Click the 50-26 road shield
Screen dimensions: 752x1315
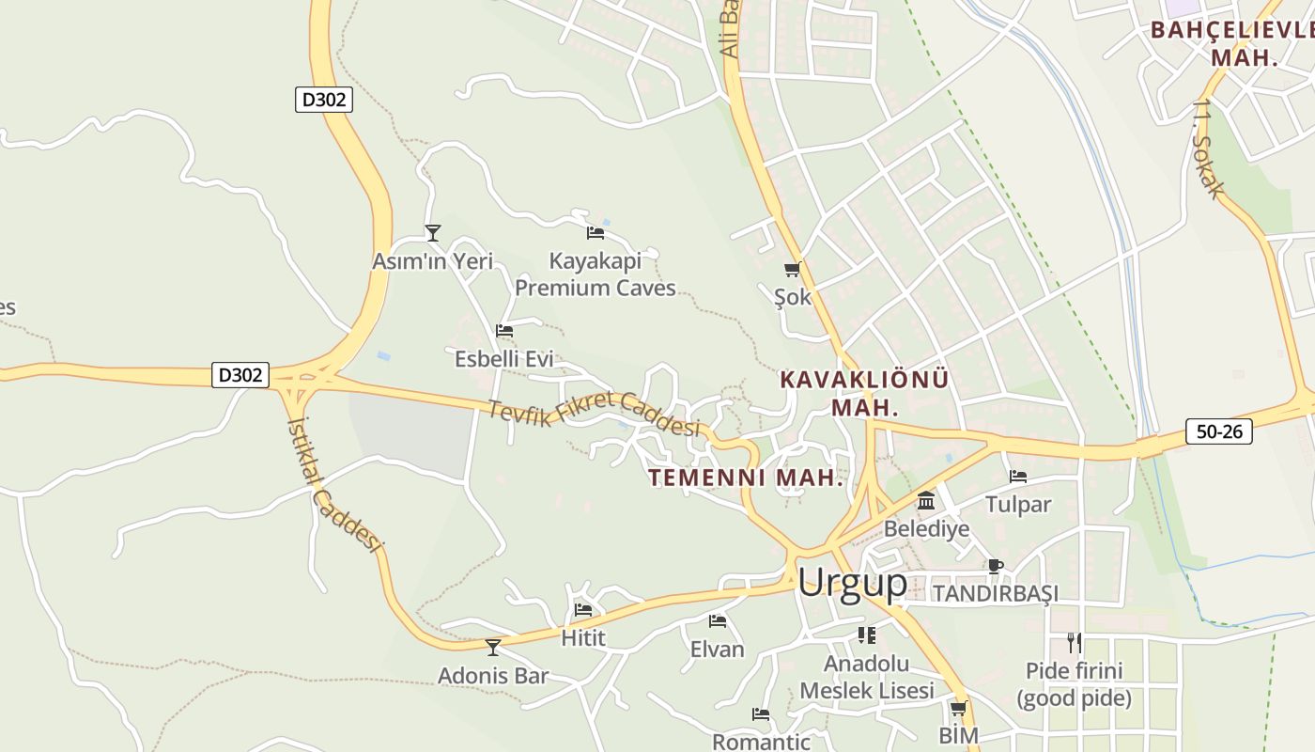(1218, 431)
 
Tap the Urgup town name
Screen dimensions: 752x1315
(852, 583)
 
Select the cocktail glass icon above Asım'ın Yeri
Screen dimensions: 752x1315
(432, 232)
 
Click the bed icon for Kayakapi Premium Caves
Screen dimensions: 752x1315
(595, 232)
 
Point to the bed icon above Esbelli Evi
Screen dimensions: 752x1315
(504, 331)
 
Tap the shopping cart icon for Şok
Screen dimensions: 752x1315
(792, 270)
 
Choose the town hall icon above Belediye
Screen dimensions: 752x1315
(926, 500)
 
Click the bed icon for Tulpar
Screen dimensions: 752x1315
(1017, 477)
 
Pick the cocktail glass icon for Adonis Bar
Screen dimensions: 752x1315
(492, 647)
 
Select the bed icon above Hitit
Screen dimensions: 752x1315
(582, 610)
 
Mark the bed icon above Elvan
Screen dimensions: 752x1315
(718, 621)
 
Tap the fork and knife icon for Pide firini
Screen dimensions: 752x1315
(1074, 643)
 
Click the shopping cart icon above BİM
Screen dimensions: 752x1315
(958, 708)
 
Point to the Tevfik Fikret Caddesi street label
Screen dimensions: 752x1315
(595, 415)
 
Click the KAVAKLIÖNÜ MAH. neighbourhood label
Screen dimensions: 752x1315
(864, 394)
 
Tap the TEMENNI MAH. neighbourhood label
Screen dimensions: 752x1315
(746, 478)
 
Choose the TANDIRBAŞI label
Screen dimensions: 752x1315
(995, 594)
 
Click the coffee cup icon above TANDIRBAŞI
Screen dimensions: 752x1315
(995, 566)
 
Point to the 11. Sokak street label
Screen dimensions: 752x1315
(1209, 149)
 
